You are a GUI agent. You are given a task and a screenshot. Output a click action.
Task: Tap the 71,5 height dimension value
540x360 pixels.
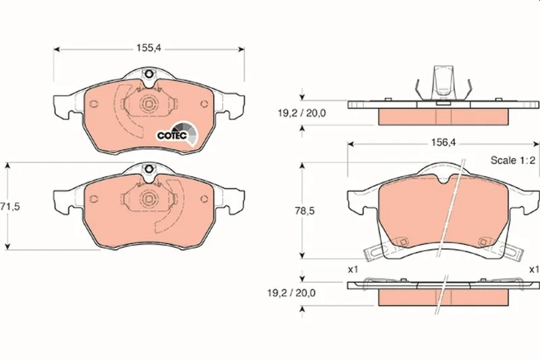coord(10,207)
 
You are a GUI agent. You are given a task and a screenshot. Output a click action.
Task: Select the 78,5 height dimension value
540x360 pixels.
coord(304,211)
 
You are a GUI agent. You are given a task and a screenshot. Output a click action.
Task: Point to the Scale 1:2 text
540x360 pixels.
coord(513,160)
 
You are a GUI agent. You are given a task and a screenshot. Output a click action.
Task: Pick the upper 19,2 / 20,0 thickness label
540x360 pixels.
coord(302,113)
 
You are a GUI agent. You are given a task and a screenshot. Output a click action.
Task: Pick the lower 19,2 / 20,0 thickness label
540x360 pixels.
coord(292,293)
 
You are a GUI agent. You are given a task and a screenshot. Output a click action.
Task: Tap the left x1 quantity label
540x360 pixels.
coord(353,269)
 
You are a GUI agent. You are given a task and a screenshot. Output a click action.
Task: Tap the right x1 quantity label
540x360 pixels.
coord(534,269)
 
